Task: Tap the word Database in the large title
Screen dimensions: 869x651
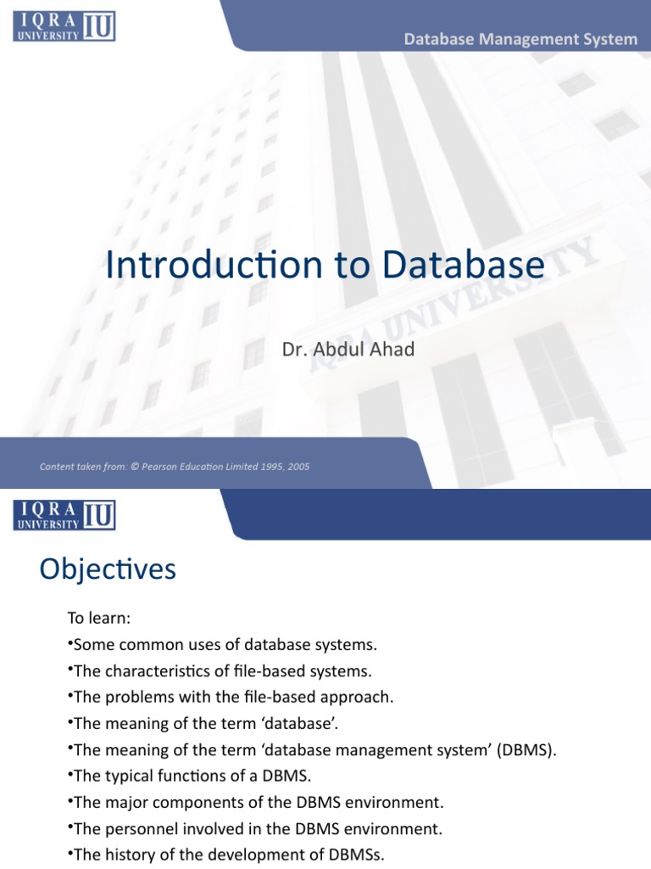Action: [463, 265]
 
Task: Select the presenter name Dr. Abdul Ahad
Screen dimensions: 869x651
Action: [348, 349]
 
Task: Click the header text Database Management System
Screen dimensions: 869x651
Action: [520, 39]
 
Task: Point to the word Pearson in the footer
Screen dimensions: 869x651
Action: [175, 467]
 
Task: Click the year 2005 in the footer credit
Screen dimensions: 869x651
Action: [298, 467]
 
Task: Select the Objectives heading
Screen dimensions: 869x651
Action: [108, 569]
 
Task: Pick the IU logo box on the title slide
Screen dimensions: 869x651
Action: [97, 25]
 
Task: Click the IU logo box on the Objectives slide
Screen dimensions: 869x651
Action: [97, 515]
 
